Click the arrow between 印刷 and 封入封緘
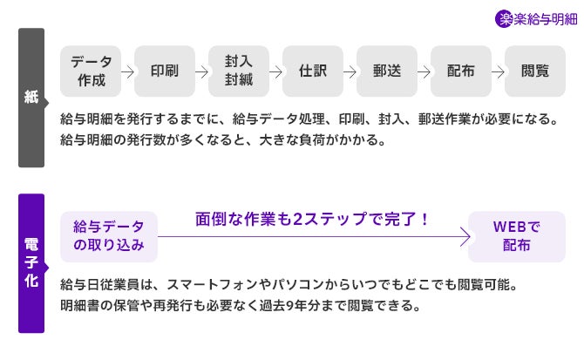202,72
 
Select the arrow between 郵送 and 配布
424,72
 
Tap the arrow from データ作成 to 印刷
128,72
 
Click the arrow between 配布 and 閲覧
498,72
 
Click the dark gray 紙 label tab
31,98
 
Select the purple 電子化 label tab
31,263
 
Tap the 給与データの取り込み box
109,236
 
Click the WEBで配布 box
517,236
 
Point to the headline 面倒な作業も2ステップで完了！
313,219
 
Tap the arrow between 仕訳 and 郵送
350,72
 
